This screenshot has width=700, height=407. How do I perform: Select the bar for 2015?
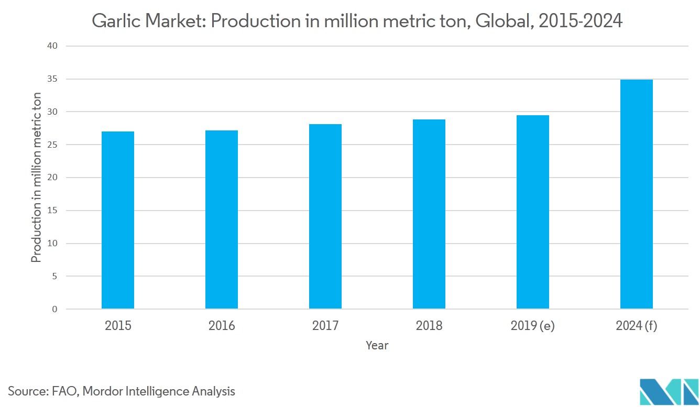[x=117, y=220]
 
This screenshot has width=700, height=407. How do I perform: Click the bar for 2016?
[x=221, y=219]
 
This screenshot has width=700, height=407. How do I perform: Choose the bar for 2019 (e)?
[x=532, y=212]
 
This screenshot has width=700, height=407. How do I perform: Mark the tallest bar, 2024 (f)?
[x=636, y=194]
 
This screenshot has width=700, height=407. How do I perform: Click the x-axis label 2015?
[x=118, y=326]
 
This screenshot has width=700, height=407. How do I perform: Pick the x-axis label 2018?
[x=429, y=326]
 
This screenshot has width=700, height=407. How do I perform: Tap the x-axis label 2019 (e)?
[x=532, y=326]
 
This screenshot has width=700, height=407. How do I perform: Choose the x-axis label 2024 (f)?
[x=636, y=326]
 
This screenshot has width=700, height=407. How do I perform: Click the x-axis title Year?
[x=377, y=346]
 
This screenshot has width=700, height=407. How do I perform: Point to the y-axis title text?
[x=37, y=177]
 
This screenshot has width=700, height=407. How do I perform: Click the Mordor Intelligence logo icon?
[x=669, y=390]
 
